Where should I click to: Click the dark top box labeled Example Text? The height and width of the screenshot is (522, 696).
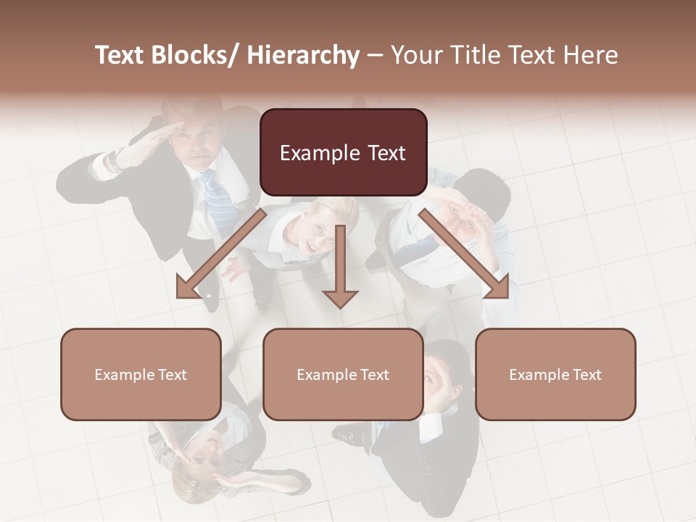pyautogui.click(x=343, y=152)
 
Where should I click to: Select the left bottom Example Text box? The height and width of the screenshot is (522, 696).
pyautogui.click(x=141, y=374)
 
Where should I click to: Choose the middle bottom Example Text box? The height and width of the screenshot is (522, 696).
pyautogui.click(x=343, y=374)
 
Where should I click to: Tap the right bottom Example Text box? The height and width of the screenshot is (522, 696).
pyautogui.click(x=555, y=374)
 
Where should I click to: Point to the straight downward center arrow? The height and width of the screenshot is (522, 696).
pyautogui.click(x=340, y=268)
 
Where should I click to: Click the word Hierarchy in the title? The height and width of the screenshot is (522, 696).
pyautogui.click(x=303, y=55)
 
